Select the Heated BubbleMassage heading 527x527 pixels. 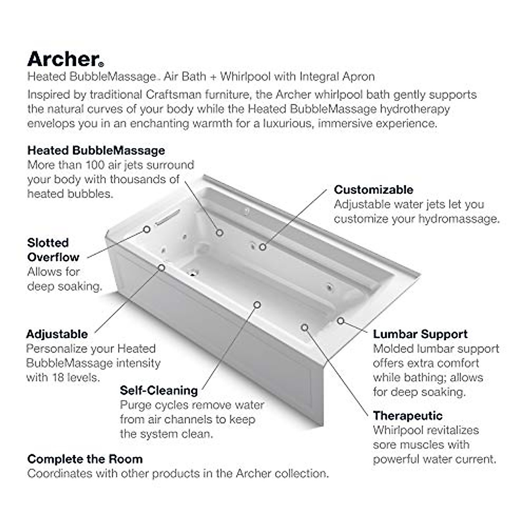coord(96,150)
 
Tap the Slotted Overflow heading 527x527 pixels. coord(53,250)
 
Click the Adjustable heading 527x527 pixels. coord(57,334)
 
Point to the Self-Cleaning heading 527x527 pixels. coord(159,390)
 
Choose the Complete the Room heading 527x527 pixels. coord(85,459)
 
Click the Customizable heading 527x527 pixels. coord(374,189)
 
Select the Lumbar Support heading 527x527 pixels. coord(420,334)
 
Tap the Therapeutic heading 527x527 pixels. coord(408,415)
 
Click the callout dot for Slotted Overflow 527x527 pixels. coord(147,229)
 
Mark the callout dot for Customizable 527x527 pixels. coord(262,247)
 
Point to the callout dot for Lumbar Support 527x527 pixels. coord(340,321)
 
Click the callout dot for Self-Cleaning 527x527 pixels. coord(257,304)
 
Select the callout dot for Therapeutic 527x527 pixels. coord(305,327)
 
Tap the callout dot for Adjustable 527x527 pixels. coord(162,267)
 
